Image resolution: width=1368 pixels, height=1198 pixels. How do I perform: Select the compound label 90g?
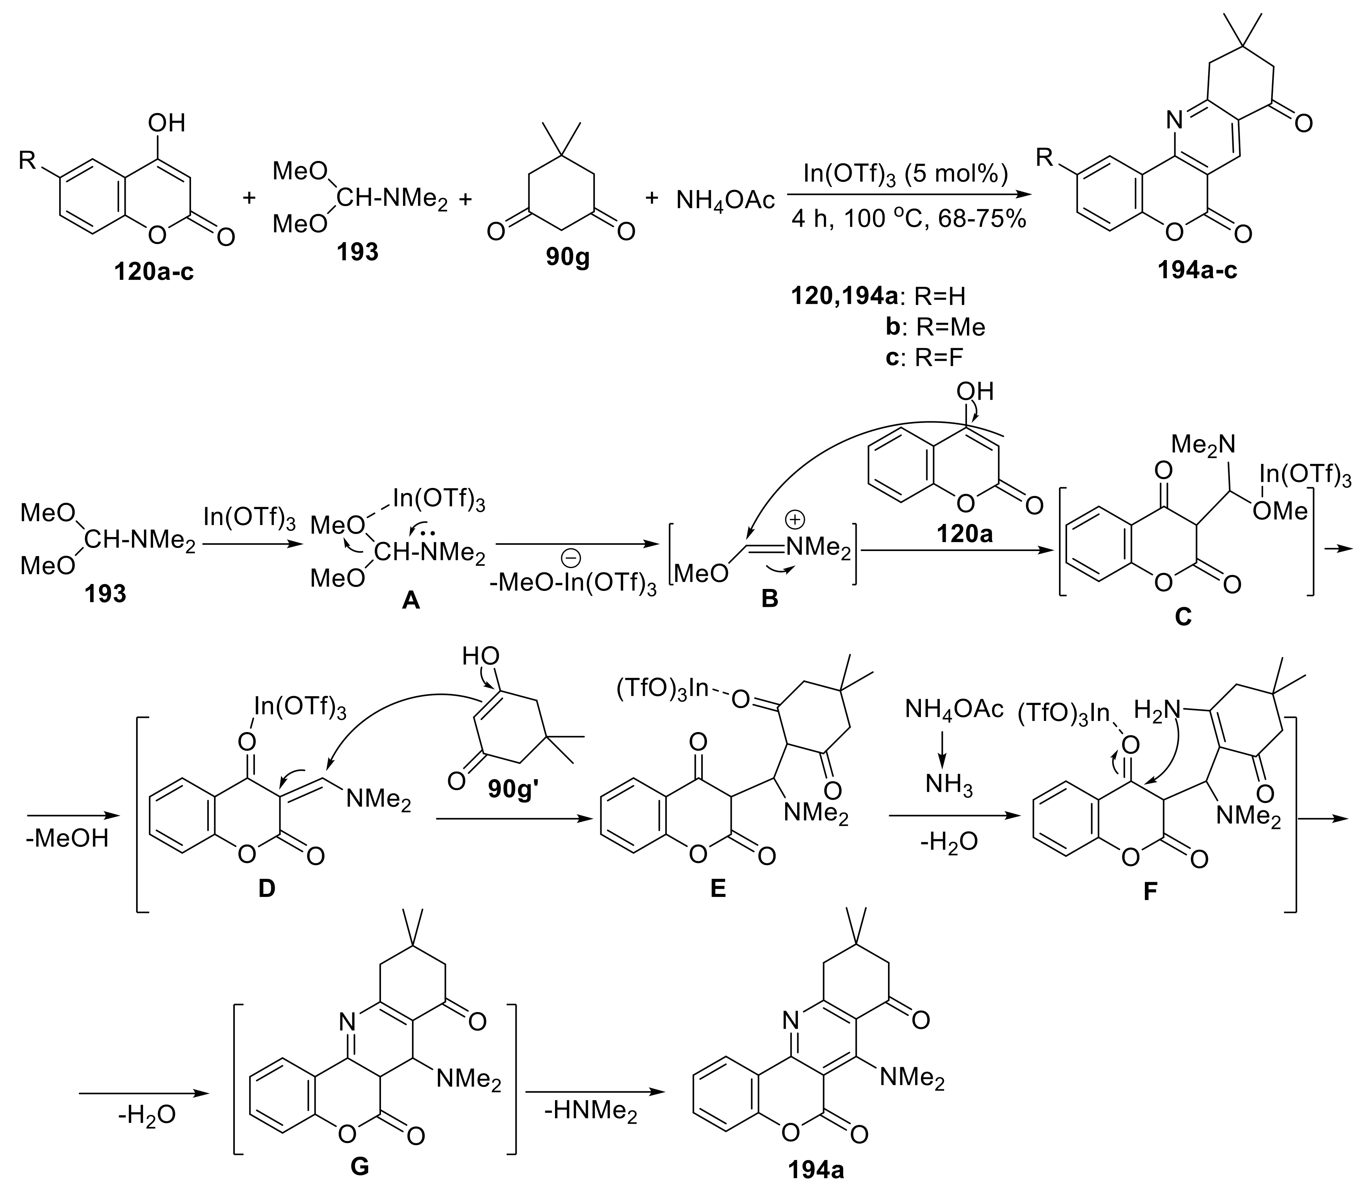(x=568, y=257)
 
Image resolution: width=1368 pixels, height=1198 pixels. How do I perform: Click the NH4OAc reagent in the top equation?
(x=726, y=199)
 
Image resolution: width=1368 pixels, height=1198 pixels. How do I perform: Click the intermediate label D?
(x=266, y=889)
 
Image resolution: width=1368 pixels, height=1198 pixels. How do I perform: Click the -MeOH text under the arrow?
(x=68, y=839)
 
